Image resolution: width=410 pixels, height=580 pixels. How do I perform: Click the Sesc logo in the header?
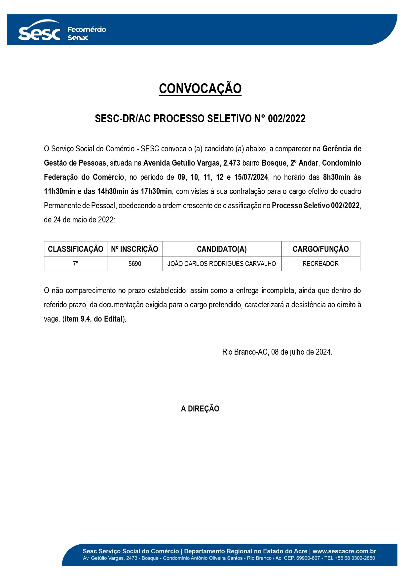pyautogui.click(x=39, y=32)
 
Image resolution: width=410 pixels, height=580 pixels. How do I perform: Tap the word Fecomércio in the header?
pyautogui.click(x=87, y=29)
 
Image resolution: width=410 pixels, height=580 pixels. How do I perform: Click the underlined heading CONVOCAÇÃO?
pyautogui.click(x=200, y=89)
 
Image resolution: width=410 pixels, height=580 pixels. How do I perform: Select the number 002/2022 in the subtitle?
pyautogui.click(x=286, y=119)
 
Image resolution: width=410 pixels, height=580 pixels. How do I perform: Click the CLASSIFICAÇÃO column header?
pyautogui.click(x=75, y=249)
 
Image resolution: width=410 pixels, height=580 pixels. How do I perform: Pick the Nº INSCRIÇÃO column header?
pyautogui.click(x=134, y=249)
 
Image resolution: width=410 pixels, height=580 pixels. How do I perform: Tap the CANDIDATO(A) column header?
pyautogui.click(x=222, y=249)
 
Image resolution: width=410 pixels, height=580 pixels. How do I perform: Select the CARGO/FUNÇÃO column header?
pyautogui.click(x=320, y=249)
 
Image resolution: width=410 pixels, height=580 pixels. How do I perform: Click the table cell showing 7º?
pyautogui.click(x=75, y=264)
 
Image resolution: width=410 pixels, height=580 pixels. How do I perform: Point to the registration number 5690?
pyautogui.click(x=134, y=264)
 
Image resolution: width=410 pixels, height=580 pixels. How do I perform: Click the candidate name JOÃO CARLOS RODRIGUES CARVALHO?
pyautogui.click(x=222, y=264)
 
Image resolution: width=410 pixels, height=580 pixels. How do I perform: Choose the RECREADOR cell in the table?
pyautogui.click(x=320, y=264)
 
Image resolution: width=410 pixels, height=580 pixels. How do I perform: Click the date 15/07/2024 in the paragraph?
pyautogui.click(x=251, y=177)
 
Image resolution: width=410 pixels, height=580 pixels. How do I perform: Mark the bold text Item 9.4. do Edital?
pyautogui.click(x=93, y=319)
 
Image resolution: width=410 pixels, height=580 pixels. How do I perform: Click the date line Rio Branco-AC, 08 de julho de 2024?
pyautogui.click(x=277, y=352)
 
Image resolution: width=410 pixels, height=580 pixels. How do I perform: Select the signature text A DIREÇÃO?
pyautogui.click(x=200, y=409)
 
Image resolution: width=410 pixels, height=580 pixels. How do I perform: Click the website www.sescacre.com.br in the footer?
pyautogui.click(x=344, y=551)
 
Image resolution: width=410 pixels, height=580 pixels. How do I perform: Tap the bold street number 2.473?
pyautogui.click(x=232, y=163)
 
